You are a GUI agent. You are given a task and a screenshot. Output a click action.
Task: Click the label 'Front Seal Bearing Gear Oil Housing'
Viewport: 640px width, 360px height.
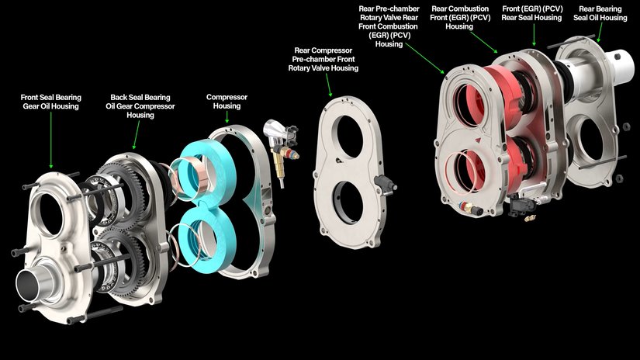point(51,102)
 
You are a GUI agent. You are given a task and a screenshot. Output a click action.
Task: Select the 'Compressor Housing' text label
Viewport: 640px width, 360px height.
point(227,101)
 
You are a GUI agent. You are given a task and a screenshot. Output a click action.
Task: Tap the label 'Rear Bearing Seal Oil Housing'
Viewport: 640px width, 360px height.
point(600,13)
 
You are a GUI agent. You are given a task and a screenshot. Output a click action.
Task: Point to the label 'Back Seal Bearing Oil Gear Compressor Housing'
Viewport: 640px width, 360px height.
point(140,106)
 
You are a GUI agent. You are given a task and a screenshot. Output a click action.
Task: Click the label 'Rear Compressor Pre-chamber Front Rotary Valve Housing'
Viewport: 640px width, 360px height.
point(323,59)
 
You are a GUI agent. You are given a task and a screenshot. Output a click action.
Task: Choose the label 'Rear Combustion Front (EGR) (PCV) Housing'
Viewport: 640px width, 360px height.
point(460,18)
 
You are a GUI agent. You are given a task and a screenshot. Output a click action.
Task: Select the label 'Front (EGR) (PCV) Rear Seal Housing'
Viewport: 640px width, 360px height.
point(531,13)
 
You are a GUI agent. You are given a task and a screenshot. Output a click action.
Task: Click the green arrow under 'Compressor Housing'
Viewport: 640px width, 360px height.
point(227,117)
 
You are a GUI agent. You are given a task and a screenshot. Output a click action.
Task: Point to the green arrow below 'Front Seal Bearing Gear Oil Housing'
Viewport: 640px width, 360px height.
point(51,140)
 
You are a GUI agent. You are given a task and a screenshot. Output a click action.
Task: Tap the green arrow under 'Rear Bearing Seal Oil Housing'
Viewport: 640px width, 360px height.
point(600,33)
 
